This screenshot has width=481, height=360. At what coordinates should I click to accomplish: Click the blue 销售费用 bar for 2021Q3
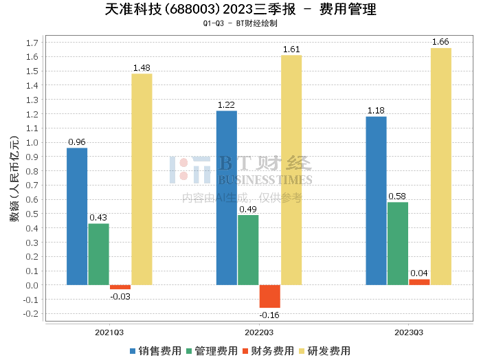point(77,216)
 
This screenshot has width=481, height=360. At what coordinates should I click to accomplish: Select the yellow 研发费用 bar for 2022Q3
point(291,170)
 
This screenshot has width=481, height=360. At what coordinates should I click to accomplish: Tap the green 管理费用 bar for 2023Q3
point(398,244)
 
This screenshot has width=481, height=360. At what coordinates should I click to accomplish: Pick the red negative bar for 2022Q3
point(270,296)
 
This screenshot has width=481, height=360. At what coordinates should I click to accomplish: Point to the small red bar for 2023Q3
point(419,282)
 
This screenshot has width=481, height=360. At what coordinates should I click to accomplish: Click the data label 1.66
point(440,42)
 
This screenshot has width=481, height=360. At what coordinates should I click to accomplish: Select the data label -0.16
point(269,315)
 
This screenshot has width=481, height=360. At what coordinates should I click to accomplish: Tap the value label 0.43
point(98,218)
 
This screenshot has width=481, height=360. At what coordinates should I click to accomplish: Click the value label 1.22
point(226,105)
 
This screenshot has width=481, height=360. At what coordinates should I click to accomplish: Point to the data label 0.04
point(419,273)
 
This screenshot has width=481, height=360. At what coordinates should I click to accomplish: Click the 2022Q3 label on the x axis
point(259,333)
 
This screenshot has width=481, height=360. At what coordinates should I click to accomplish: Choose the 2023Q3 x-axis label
point(409,333)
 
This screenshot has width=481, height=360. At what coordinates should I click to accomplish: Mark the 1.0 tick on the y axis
point(32,143)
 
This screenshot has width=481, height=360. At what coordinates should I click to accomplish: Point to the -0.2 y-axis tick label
point(31,314)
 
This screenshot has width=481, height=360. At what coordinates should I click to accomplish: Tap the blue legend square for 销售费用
point(133,351)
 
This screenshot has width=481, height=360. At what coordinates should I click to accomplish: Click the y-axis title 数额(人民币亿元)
point(14,179)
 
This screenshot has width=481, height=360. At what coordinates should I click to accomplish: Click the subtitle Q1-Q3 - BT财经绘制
point(240,23)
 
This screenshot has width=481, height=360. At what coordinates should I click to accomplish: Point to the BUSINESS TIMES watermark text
point(265,180)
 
